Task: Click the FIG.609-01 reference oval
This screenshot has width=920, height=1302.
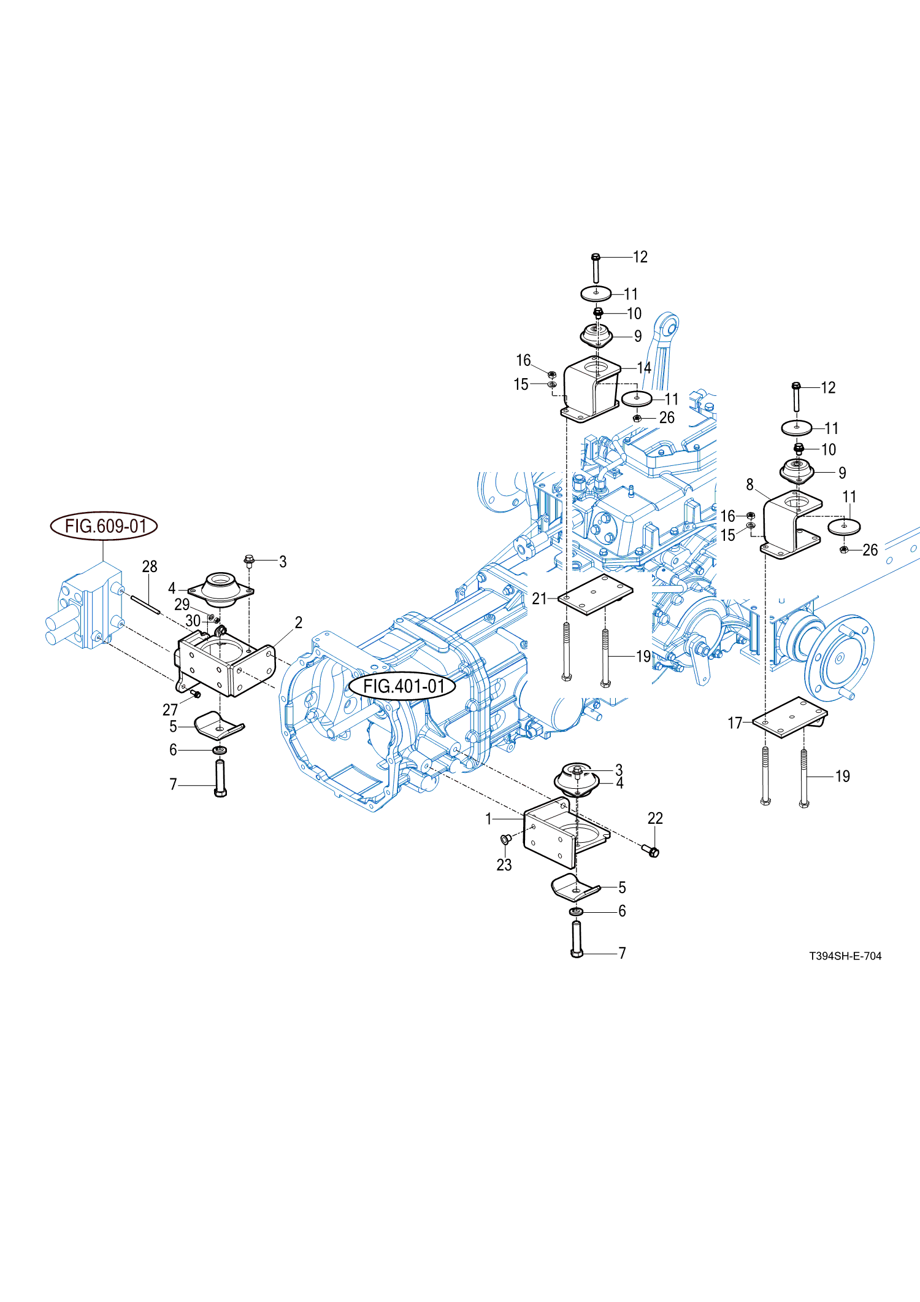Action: tap(104, 526)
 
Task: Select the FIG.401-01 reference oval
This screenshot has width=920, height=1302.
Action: tap(402, 686)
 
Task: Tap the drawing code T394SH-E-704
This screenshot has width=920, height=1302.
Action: tap(845, 956)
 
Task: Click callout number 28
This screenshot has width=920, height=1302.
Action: tap(150, 567)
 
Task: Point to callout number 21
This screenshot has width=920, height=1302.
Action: tap(539, 599)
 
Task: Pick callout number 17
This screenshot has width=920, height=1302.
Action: tap(735, 723)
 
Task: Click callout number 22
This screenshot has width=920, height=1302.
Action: tap(655, 818)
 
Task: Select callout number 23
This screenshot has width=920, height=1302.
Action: tap(504, 865)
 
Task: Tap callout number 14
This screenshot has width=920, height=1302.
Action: tap(644, 368)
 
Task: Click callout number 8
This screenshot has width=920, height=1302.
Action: tap(749, 485)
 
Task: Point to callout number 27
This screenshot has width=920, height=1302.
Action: tap(170, 710)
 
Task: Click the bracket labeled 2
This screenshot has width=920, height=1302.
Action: tap(224, 666)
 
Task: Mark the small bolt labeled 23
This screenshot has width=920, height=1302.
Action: tap(506, 839)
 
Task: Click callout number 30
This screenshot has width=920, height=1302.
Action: tap(193, 621)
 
